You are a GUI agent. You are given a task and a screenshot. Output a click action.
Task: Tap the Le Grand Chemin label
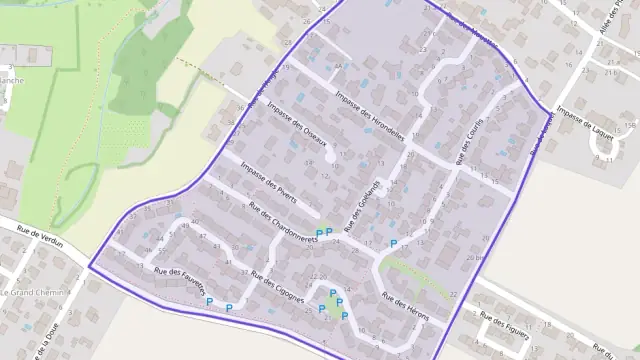32,293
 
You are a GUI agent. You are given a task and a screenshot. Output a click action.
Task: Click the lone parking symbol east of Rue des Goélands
393,243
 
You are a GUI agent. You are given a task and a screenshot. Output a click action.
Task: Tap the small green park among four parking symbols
330,305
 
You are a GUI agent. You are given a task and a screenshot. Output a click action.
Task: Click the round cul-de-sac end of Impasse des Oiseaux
331,154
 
